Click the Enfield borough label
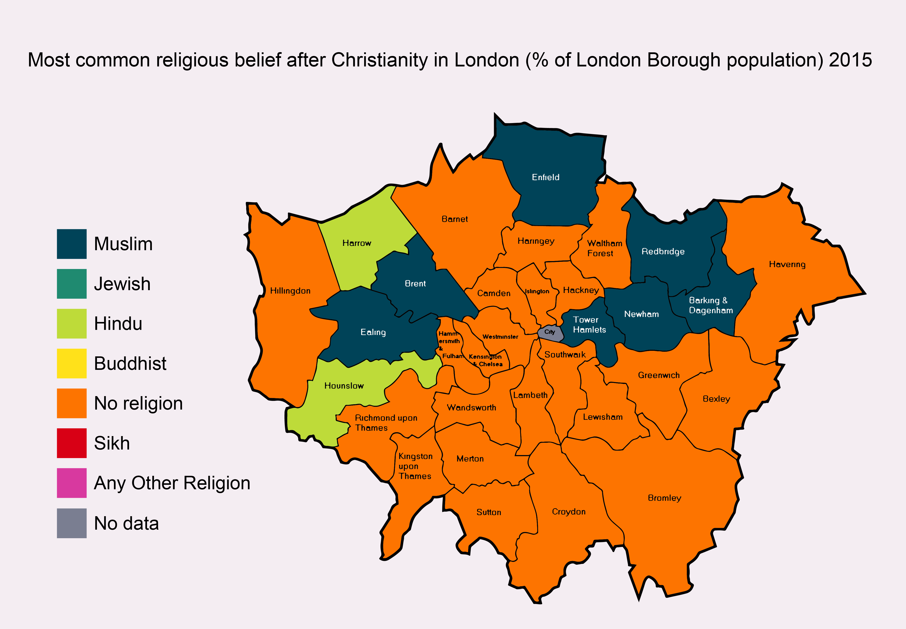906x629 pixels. click(x=545, y=177)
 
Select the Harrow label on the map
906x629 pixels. click(x=357, y=243)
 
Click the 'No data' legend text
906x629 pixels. click(x=126, y=523)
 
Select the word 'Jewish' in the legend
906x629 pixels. click(x=122, y=284)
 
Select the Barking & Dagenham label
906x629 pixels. click(x=710, y=306)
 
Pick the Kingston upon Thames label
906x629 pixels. click(x=415, y=466)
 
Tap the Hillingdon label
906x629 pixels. click(x=290, y=291)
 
